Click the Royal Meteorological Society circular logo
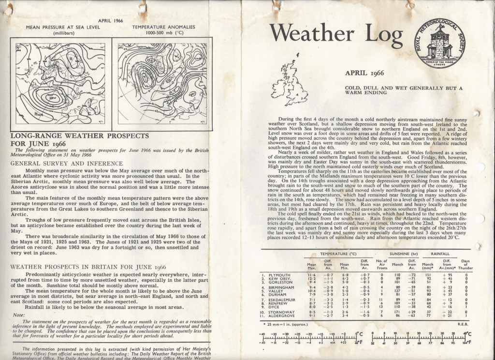[439, 42]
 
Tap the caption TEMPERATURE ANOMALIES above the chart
[158, 28]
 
